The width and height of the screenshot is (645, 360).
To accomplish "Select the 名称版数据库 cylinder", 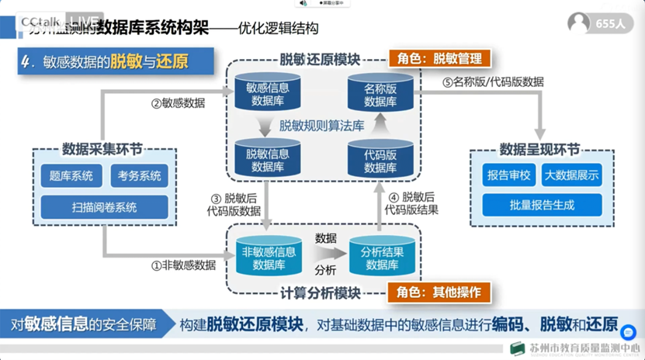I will pyautogui.click(x=380, y=94).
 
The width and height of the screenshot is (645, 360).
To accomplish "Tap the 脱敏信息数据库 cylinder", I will pyautogui.click(x=267, y=159).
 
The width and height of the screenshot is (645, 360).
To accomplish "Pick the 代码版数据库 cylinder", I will pyautogui.click(x=380, y=160).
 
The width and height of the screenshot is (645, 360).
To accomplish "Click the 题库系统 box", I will pyautogui.click(x=71, y=176).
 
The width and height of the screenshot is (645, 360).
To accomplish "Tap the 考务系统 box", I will pyautogui.click(x=139, y=176).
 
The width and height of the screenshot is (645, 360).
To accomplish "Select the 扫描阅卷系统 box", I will pyautogui.click(x=104, y=207).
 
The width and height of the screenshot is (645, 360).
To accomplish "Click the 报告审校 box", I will pyautogui.click(x=507, y=175).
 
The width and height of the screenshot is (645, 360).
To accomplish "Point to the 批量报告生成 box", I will pyautogui.click(x=542, y=205).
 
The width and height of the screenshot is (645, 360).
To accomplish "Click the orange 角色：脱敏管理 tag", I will pyautogui.click(x=439, y=58).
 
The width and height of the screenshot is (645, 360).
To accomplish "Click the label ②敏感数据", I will pyautogui.click(x=178, y=102).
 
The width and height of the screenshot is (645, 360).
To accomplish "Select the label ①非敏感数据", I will pyautogui.click(x=183, y=265).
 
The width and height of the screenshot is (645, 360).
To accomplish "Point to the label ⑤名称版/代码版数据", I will pyautogui.click(x=493, y=81).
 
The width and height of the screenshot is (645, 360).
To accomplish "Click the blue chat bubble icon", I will pyautogui.click(x=629, y=332).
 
